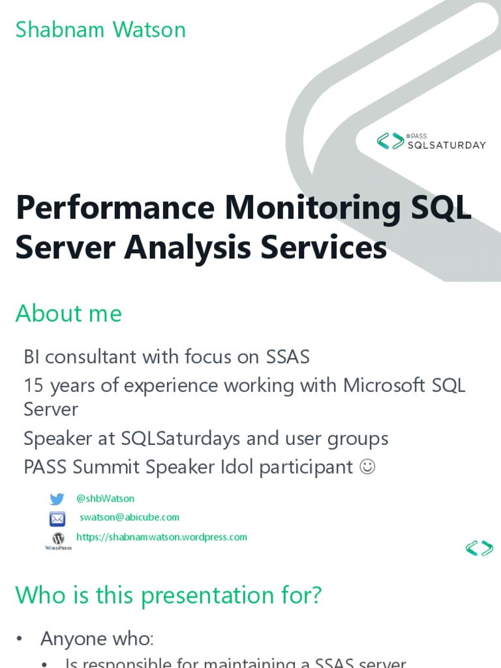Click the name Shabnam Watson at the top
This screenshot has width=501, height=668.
[100, 30]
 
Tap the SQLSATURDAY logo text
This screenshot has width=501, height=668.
[447, 145]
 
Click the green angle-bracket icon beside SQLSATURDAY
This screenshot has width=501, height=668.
[391, 141]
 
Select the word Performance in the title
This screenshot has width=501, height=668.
[115, 209]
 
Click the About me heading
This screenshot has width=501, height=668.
[68, 314]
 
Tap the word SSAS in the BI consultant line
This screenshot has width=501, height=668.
[287, 357]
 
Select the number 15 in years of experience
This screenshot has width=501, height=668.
[33, 386]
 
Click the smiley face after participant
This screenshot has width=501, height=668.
[367, 467]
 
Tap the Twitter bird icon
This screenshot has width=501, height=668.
[57, 499]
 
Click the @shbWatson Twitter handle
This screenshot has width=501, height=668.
[105, 498]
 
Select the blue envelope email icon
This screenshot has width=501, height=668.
[57, 519]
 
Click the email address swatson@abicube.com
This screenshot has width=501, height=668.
[129, 517]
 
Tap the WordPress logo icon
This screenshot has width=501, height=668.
[58, 539]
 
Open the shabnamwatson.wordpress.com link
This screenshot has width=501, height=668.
[162, 537]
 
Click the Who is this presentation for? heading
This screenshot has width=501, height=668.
[168, 595]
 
